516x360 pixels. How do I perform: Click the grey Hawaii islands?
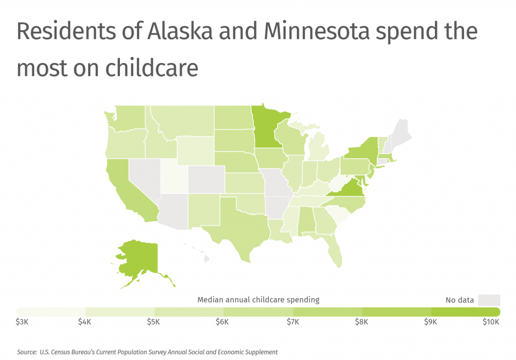click(206, 259)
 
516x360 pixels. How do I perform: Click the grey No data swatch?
click(489, 300)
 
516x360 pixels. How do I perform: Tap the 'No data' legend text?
click(460, 300)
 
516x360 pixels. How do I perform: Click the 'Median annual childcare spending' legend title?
click(258, 300)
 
